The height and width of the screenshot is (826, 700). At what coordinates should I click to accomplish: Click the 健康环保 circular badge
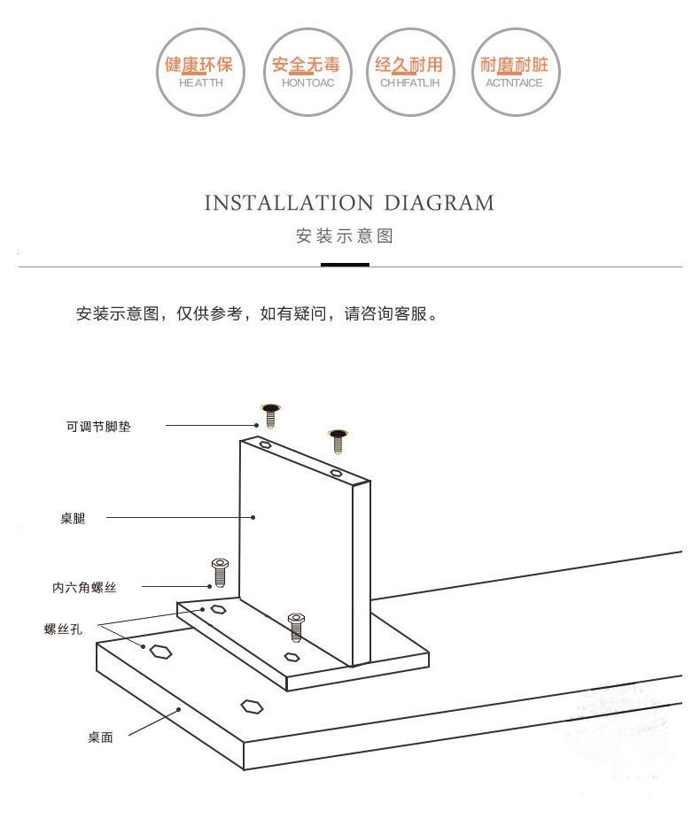[x=198, y=72]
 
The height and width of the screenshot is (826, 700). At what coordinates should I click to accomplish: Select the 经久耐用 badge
[x=408, y=72]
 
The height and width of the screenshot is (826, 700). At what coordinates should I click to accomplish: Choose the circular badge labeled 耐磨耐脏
[x=513, y=72]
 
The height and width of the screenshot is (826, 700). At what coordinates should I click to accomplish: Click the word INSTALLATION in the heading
[x=288, y=203]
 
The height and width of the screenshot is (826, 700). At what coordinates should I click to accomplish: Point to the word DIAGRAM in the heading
[x=439, y=203]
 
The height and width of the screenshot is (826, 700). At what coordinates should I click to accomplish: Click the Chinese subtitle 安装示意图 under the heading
[x=345, y=236]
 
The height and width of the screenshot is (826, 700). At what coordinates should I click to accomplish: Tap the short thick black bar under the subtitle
[x=345, y=264]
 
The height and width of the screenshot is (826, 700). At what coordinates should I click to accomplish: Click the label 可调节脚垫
[x=98, y=427]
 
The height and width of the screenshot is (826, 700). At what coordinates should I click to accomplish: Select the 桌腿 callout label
[x=73, y=519]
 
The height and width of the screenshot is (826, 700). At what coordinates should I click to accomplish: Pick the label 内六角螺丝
[x=84, y=587]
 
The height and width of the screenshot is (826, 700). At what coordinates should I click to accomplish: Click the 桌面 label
[x=100, y=737]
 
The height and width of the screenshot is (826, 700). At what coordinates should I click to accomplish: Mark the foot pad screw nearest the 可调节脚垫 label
[x=271, y=413]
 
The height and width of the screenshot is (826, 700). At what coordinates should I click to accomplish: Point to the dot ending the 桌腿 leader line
[x=253, y=517]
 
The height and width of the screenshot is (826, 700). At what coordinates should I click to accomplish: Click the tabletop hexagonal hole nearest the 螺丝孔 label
[x=160, y=652]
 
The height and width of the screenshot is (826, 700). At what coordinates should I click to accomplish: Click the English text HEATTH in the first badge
[x=200, y=82]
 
